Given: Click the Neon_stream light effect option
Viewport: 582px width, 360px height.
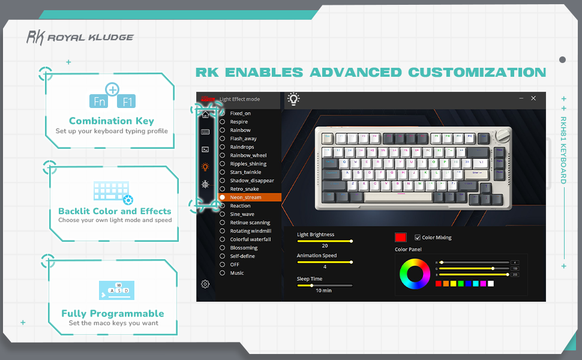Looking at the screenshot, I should tap(246, 197).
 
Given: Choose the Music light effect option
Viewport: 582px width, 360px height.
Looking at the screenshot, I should tap(237, 273).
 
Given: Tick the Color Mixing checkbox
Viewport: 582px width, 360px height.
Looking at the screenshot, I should tap(418, 238).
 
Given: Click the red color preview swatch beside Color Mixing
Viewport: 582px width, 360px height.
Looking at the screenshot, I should tap(401, 238).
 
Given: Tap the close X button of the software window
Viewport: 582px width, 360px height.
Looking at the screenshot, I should tap(533, 98).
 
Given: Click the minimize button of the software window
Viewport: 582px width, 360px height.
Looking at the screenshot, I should tap(521, 98).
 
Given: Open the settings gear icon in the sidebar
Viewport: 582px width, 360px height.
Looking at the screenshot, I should tap(205, 284).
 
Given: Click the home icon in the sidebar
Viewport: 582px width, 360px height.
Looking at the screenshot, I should tap(205, 115).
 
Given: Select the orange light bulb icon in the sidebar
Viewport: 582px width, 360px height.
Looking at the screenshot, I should tap(205, 167).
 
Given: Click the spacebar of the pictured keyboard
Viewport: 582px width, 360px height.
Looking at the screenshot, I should tap(397, 196).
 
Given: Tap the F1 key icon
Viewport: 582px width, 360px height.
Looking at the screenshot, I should tap(128, 101).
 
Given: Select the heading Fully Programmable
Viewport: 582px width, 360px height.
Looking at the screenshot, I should tap(113, 313).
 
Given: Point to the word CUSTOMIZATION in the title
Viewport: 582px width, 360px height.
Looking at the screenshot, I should tap(477, 73).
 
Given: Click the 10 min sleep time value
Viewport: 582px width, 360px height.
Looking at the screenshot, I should tap(324, 290).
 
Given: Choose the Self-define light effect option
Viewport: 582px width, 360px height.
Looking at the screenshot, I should tap(242, 256).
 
